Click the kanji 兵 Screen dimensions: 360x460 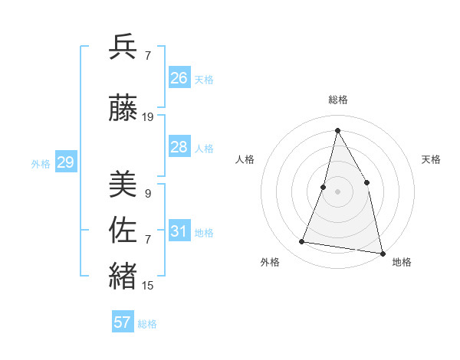pyautogui.click(x=123, y=48)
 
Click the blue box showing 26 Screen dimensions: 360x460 pyautogui.click(x=179, y=78)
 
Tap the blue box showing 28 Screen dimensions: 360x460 pyautogui.click(x=179, y=147)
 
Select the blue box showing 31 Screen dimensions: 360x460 pyautogui.click(x=179, y=231)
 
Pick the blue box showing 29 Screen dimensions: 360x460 pyautogui.click(x=65, y=162)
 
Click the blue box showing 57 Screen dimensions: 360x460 pyautogui.click(x=123, y=322)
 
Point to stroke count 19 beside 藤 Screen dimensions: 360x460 pyautogui.click(x=148, y=117)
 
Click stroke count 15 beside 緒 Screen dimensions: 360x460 pyautogui.click(x=148, y=286)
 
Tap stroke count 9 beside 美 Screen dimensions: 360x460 pyautogui.click(x=147, y=194)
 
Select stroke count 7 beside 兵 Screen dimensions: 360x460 pyautogui.click(x=147, y=56)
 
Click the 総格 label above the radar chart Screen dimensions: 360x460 pyautogui.click(x=337, y=100)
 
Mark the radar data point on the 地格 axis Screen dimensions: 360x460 pyautogui.click(x=381, y=253)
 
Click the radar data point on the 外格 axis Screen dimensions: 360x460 pyautogui.click(x=302, y=242)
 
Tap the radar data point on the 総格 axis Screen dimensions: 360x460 pyautogui.click(x=337, y=130)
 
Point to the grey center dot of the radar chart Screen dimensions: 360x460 pyautogui.click(x=337, y=191)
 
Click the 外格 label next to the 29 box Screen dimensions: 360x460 pyautogui.click(x=41, y=163)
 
